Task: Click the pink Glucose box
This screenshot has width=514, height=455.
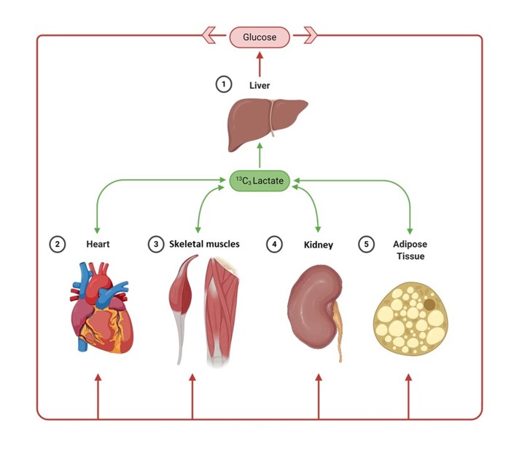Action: (x=260, y=36)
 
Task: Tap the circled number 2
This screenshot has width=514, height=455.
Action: (x=57, y=244)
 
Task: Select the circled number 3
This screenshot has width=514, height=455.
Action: (x=155, y=244)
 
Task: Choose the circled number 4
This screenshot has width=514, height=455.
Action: (x=274, y=244)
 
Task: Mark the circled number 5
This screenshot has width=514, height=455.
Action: (x=367, y=244)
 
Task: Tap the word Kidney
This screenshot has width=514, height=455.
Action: (x=318, y=245)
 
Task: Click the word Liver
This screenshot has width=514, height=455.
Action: (x=260, y=85)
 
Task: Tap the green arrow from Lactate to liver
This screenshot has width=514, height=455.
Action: (x=260, y=157)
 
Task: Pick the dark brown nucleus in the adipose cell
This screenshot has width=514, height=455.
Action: (x=431, y=304)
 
